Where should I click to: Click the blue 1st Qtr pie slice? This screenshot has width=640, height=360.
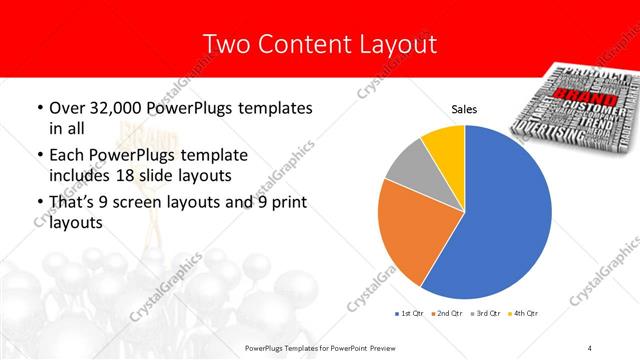click(500, 220)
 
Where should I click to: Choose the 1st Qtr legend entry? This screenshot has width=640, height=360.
click(412, 314)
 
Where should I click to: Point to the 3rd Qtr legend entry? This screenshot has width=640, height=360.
click(488, 314)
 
